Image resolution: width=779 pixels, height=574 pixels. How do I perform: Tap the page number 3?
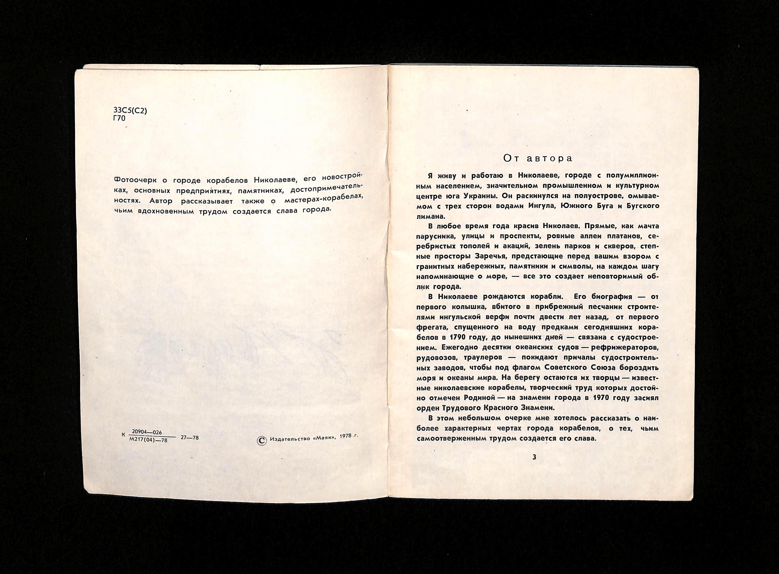[534, 457]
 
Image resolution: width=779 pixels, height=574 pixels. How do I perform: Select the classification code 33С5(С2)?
[130, 111]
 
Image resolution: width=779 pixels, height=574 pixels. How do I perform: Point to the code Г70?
[119, 118]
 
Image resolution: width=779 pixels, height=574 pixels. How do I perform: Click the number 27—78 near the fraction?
[190, 438]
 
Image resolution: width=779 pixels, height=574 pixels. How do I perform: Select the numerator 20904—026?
[147, 432]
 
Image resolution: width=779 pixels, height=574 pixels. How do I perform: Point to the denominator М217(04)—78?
[148, 440]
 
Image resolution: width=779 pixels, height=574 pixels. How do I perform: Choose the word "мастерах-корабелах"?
[324, 199]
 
